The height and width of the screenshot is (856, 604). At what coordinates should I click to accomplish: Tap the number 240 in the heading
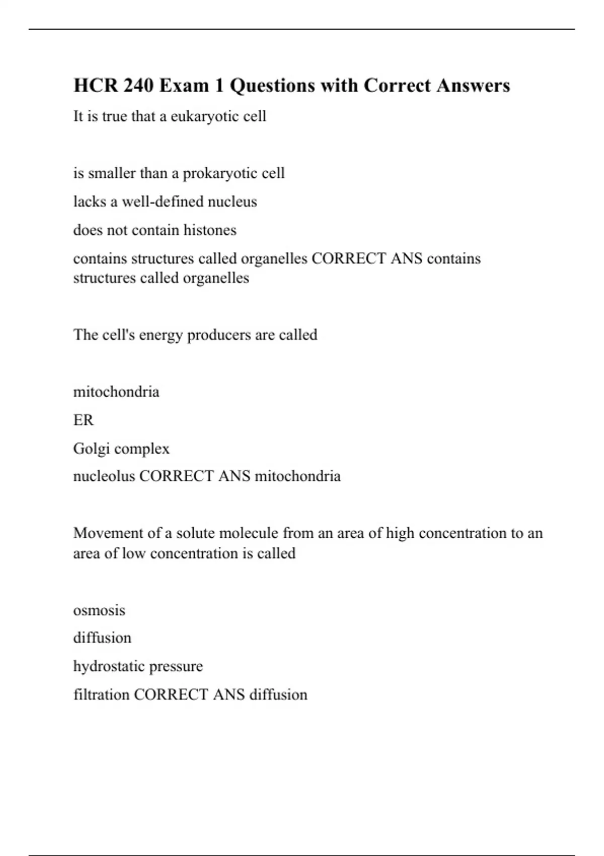pyautogui.click(x=138, y=86)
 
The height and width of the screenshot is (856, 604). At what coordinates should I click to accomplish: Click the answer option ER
pyautogui.click(x=84, y=420)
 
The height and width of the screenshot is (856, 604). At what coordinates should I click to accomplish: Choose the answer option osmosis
pyautogui.click(x=99, y=611)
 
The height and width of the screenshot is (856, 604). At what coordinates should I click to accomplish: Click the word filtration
pyautogui.click(x=101, y=695)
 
